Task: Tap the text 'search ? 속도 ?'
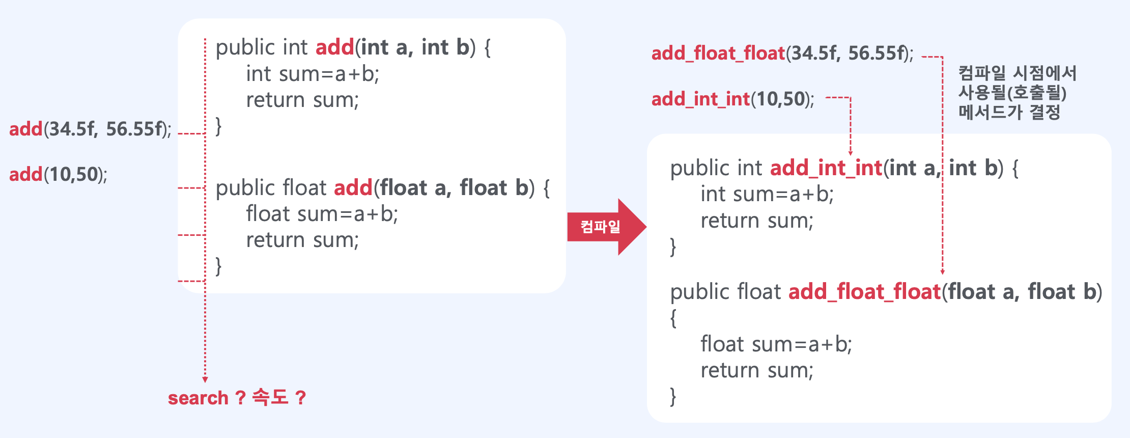[237, 397]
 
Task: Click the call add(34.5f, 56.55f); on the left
[90, 129]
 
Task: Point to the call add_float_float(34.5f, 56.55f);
[782, 53]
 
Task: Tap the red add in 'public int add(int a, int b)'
[334, 47]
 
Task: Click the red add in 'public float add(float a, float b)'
[353, 188]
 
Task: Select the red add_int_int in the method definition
[826, 168]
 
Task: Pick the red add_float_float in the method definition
[864, 292]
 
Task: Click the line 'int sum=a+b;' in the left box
[313, 74]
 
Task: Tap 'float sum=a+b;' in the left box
[322, 214]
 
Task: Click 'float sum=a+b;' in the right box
[776, 344]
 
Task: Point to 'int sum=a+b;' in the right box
[767, 195]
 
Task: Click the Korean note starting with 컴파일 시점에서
[1017, 93]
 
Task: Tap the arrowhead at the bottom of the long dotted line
[205, 379]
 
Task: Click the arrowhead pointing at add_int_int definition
[850, 153]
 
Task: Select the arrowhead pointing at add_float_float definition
[942, 272]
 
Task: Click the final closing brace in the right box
[673, 396]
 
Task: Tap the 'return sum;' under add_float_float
[756, 370]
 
